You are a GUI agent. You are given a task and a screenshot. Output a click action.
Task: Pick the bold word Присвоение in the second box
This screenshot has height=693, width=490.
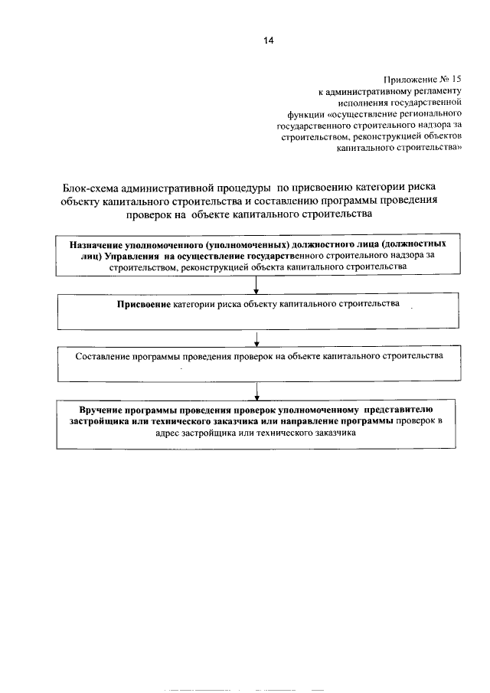pyautogui.click(x=143, y=305)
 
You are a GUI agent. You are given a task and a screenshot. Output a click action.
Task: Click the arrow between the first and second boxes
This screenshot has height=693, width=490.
pyautogui.click(x=255, y=286)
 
